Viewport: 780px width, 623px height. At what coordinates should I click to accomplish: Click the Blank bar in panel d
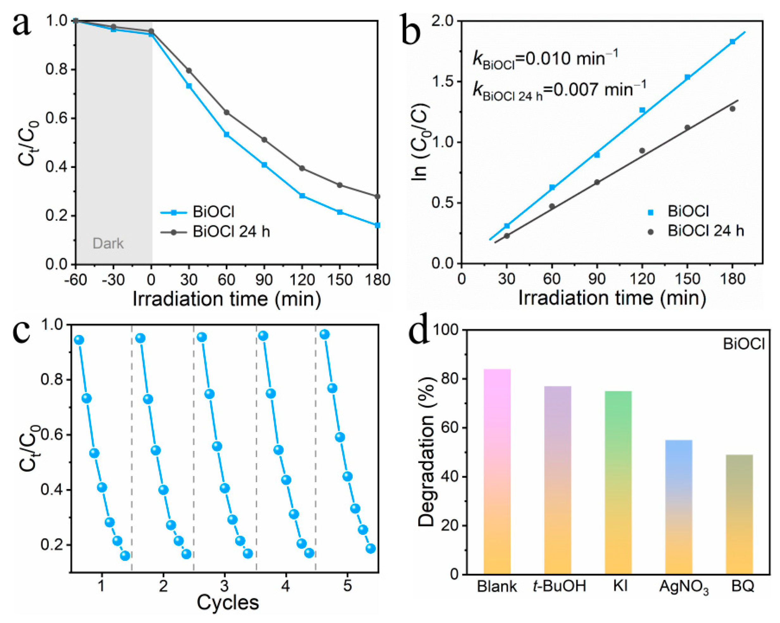tap(497, 471)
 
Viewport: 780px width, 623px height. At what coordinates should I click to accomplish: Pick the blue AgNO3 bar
tap(679, 507)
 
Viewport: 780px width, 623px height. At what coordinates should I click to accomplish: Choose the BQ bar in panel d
tap(739, 514)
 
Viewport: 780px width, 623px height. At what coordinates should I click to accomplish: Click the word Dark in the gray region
tap(108, 243)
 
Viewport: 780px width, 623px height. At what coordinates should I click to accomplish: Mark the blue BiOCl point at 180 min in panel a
tap(378, 225)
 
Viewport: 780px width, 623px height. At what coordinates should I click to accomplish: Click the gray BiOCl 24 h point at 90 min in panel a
tap(264, 140)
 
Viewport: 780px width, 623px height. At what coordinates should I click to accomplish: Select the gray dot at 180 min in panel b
tap(733, 109)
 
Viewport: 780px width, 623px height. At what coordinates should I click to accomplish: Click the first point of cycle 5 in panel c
tap(324, 335)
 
